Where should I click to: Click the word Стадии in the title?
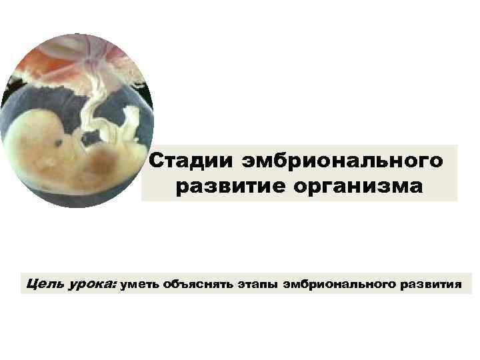[186, 161]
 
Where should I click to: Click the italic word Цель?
[46, 285]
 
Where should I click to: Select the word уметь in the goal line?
[138, 285]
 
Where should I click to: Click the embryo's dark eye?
[61, 142]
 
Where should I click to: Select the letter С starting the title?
[155, 161]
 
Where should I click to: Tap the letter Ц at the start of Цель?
[31, 285]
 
